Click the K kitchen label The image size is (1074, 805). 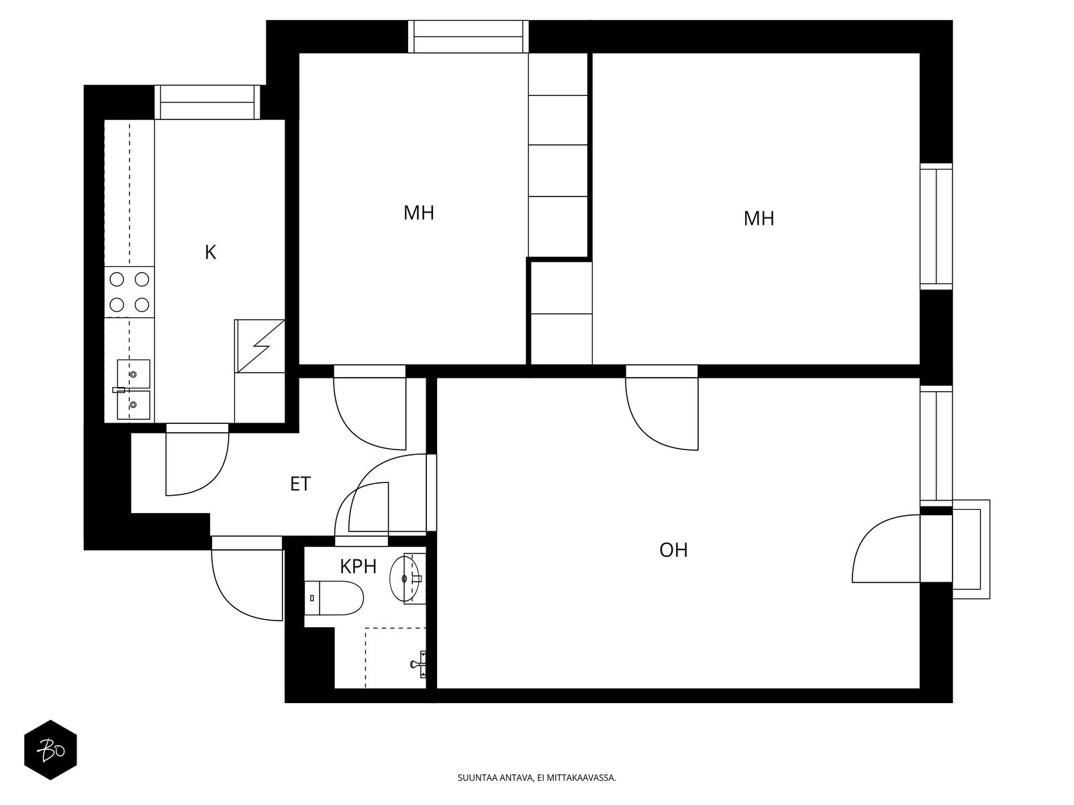210,253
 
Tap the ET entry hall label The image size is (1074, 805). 300,484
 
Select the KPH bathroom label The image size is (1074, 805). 358,566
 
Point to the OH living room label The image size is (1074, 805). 673,550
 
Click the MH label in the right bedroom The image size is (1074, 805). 759,219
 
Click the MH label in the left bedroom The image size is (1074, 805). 419,213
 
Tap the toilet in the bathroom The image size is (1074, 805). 334,598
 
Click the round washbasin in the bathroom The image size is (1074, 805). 405,578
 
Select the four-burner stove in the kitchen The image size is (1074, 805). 129,292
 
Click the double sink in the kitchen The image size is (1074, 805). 133,390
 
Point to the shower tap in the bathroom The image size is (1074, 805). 419,664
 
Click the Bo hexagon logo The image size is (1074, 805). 50,750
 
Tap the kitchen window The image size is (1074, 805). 207,102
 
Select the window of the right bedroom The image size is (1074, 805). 936,226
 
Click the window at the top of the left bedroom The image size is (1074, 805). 469,36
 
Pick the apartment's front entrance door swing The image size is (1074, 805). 247,580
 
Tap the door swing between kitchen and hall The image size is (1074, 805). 197,460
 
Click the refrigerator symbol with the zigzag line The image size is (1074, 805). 259,346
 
